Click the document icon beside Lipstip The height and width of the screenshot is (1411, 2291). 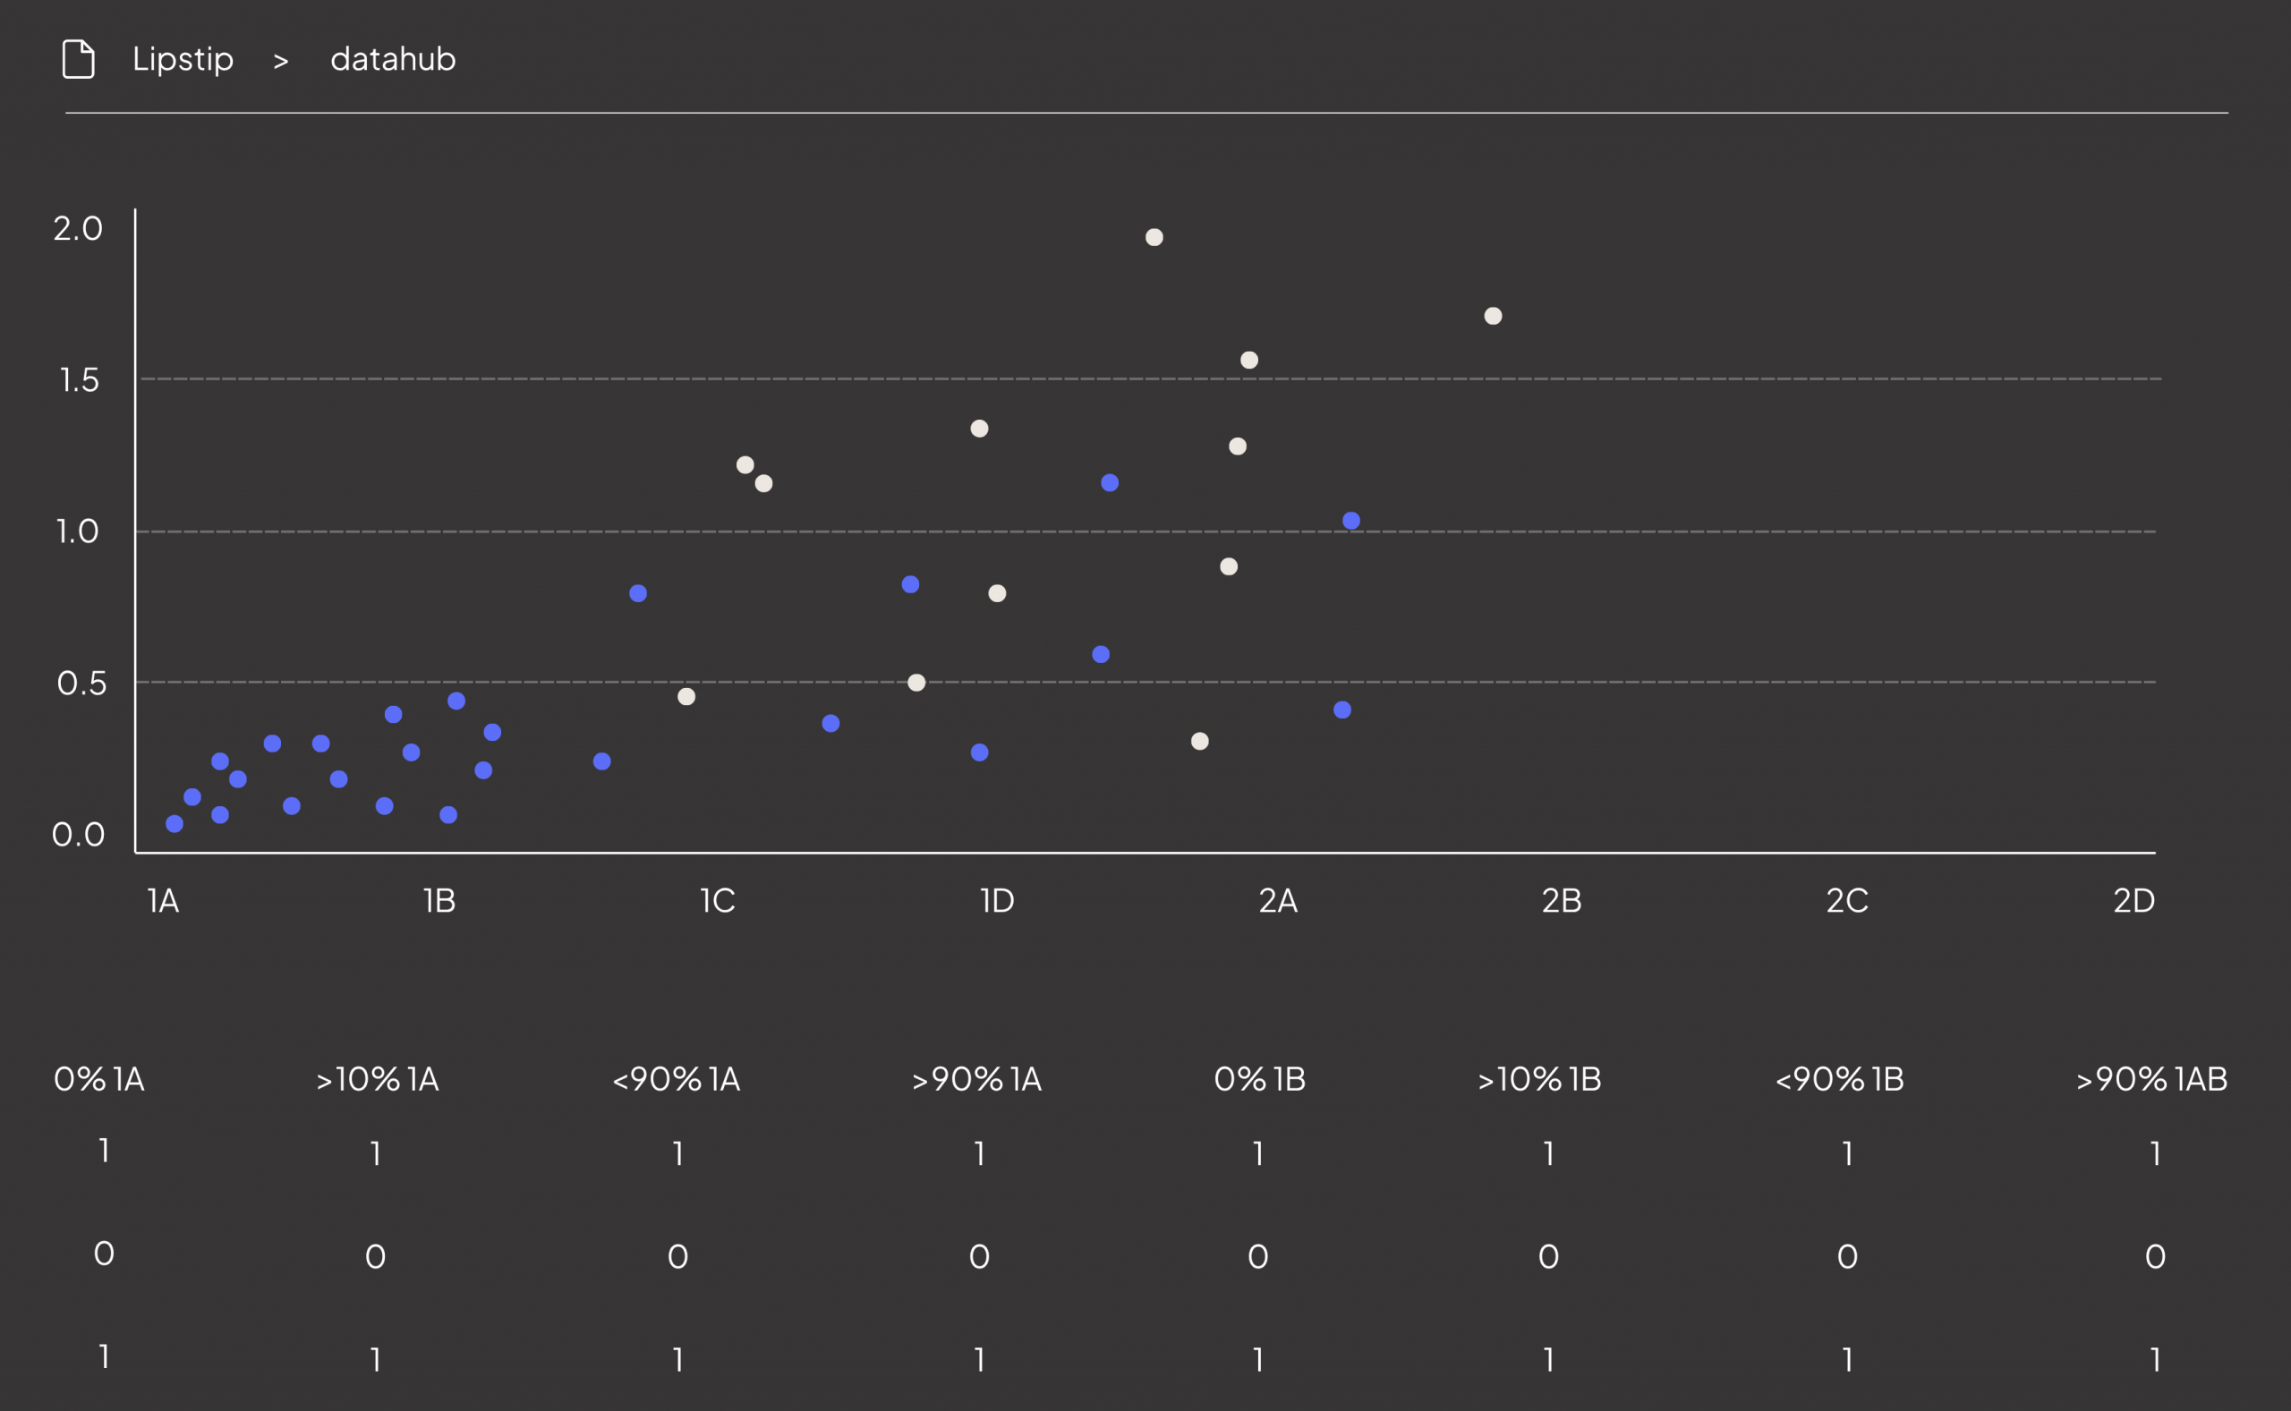point(79,60)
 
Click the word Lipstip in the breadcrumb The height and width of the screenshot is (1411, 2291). point(183,60)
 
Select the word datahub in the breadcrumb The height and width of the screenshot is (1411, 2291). point(393,60)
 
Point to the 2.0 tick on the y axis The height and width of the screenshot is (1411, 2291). point(78,229)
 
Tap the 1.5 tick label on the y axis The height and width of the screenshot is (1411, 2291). point(80,379)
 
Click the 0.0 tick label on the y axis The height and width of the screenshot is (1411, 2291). point(79,834)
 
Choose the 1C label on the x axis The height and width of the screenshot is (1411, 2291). point(717,900)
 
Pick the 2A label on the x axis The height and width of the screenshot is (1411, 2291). point(1278,900)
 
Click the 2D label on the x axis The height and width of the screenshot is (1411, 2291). point(2133,900)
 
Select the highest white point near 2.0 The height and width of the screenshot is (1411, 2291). point(1154,237)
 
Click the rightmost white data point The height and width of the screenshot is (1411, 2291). point(1493,317)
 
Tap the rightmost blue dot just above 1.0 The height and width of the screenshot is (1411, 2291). point(1351,521)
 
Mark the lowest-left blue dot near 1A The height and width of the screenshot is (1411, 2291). point(175,824)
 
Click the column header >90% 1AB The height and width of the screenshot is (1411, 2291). point(2151,1080)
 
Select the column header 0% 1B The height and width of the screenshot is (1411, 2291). point(1259,1080)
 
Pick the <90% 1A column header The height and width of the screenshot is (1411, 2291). point(677,1080)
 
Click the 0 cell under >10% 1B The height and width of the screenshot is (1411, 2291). point(1548,1257)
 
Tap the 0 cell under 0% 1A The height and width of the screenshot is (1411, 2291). point(104,1254)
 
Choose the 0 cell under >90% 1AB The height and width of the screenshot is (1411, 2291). point(2155,1257)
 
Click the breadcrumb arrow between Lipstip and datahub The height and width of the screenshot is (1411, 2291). point(281,62)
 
